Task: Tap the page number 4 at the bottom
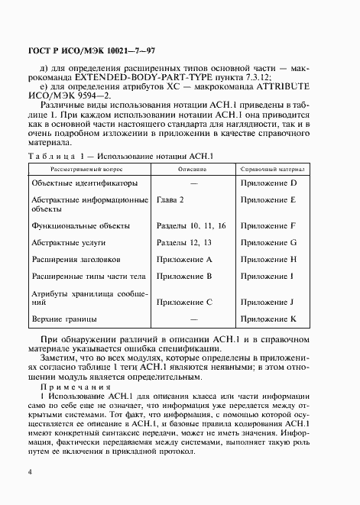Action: pyautogui.click(x=29, y=473)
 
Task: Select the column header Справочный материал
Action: pyautogui.click(x=272, y=167)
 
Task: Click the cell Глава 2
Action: pyautogui.click(x=170, y=199)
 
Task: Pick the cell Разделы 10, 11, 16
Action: pyautogui.click(x=190, y=226)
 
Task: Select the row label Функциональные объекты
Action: pyautogui.click(x=80, y=226)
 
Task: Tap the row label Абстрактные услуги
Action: pyautogui.click(x=70, y=242)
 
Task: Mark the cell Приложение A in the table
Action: pyautogui.click(x=183, y=259)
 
